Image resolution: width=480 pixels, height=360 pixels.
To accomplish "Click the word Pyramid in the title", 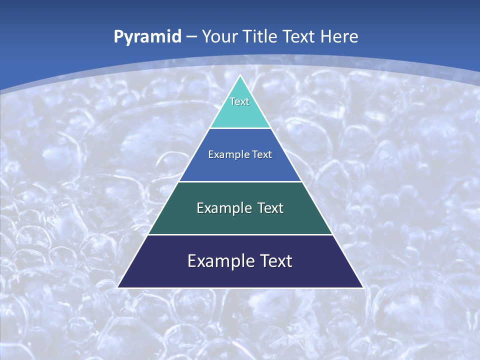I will pos(147,37).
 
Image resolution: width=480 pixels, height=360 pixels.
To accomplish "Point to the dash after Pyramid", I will pos(191,37).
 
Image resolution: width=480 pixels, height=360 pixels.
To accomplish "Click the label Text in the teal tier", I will pos(239,101).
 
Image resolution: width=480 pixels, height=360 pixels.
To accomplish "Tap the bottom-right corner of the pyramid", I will pos(362,287).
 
